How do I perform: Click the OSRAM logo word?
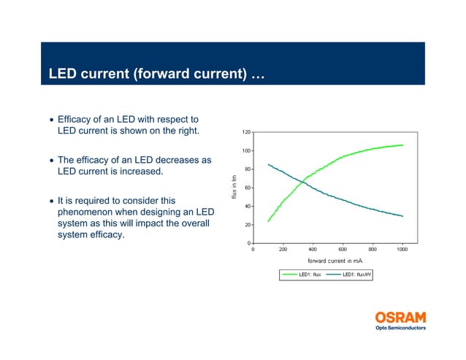click(x=400, y=318)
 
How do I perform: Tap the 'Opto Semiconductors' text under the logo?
click(x=400, y=328)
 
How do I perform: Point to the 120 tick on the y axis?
click(x=246, y=132)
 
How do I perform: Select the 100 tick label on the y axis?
click(x=246, y=151)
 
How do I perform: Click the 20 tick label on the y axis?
click(x=248, y=225)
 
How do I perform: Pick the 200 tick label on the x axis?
click(x=283, y=249)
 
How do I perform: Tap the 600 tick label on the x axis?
click(x=343, y=249)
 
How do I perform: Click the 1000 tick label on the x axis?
click(x=402, y=249)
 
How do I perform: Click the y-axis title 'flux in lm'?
click(x=234, y=188)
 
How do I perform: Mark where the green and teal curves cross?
click(x=302, y=182)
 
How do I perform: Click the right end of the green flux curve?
click(x=402, y=145)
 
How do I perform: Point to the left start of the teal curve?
click(x=269, y=164)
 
